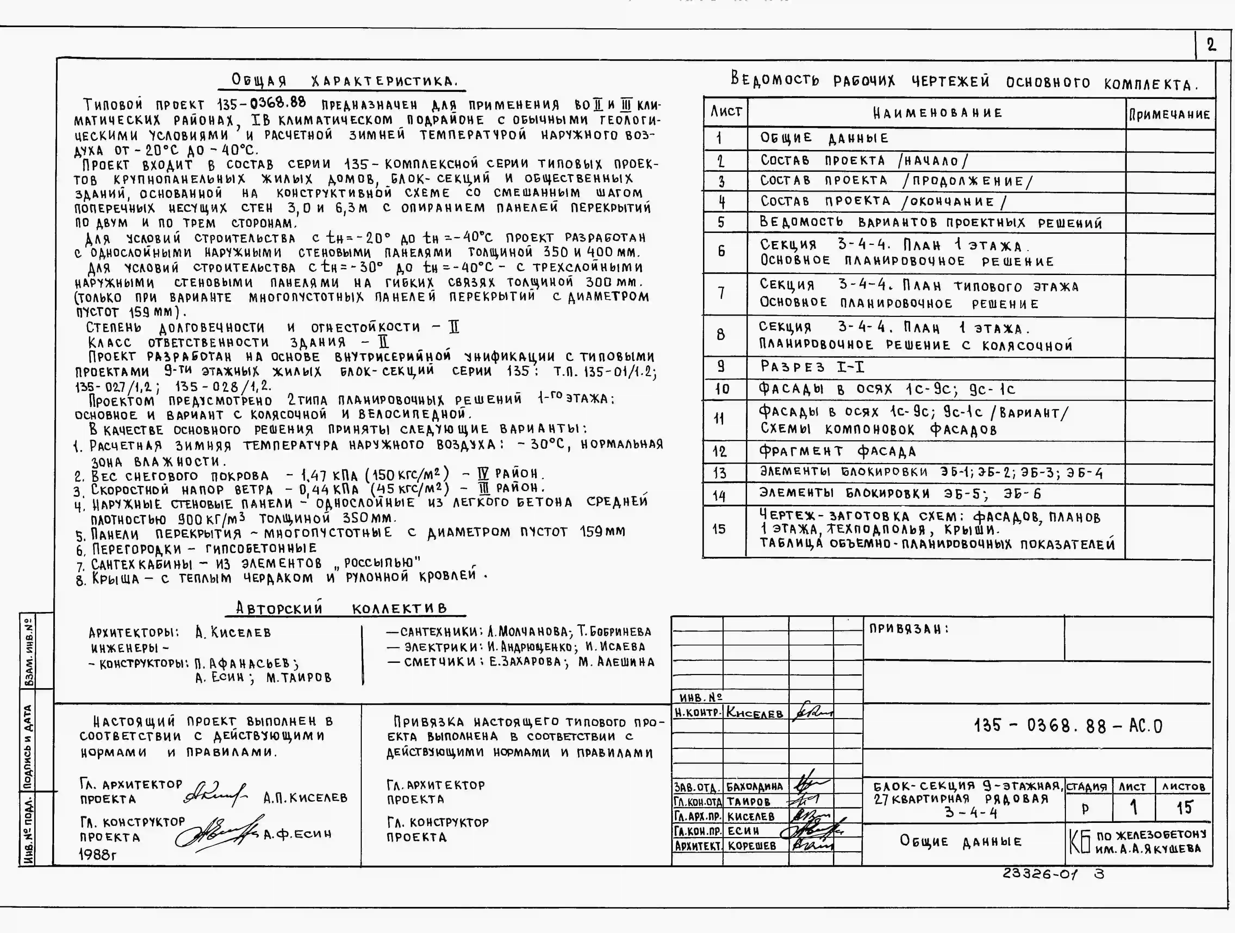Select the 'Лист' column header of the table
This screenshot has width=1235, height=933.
725,112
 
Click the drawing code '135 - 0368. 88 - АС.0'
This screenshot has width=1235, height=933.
1068,726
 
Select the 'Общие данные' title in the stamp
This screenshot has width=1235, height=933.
960,841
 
